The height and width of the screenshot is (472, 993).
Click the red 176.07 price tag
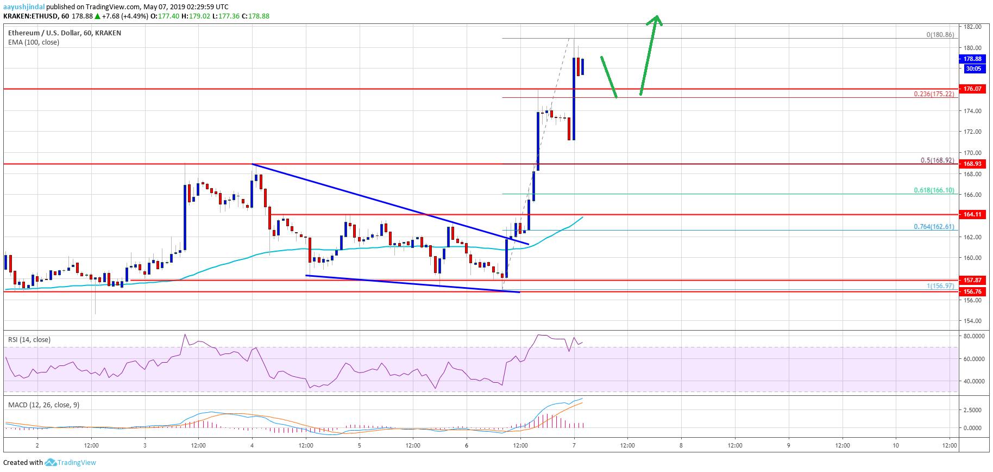click(972, 89)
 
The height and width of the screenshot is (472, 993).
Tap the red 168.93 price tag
click(972, 164)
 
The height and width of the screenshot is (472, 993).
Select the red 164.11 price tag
click(972, 214)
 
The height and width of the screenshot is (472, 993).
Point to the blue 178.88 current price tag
click(972, 59)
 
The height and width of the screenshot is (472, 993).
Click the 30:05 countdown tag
click(973, 69)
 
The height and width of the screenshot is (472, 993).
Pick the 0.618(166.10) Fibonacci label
click(934, 190)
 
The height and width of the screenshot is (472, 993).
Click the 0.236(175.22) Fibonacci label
click(934, 94)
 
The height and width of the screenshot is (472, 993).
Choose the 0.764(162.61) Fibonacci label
click(934, 227)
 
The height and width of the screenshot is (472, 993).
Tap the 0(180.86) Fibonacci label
click(940, 35)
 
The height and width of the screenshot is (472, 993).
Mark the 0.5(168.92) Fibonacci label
click(937, 160)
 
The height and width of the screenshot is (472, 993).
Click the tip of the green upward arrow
click(657, 16)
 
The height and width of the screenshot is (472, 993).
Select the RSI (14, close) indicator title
click(29, 340)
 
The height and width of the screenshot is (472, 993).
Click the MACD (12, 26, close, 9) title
click(43, 405)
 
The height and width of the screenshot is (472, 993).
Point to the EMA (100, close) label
click(34, 42)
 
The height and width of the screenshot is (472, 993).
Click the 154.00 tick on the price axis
click(972, 321)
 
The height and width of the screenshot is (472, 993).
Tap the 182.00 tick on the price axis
click(972, 27)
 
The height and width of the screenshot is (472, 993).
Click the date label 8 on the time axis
click(681, 445)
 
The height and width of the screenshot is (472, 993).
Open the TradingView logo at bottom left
click(71, 463)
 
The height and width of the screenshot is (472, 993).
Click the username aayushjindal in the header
click(24, 7)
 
